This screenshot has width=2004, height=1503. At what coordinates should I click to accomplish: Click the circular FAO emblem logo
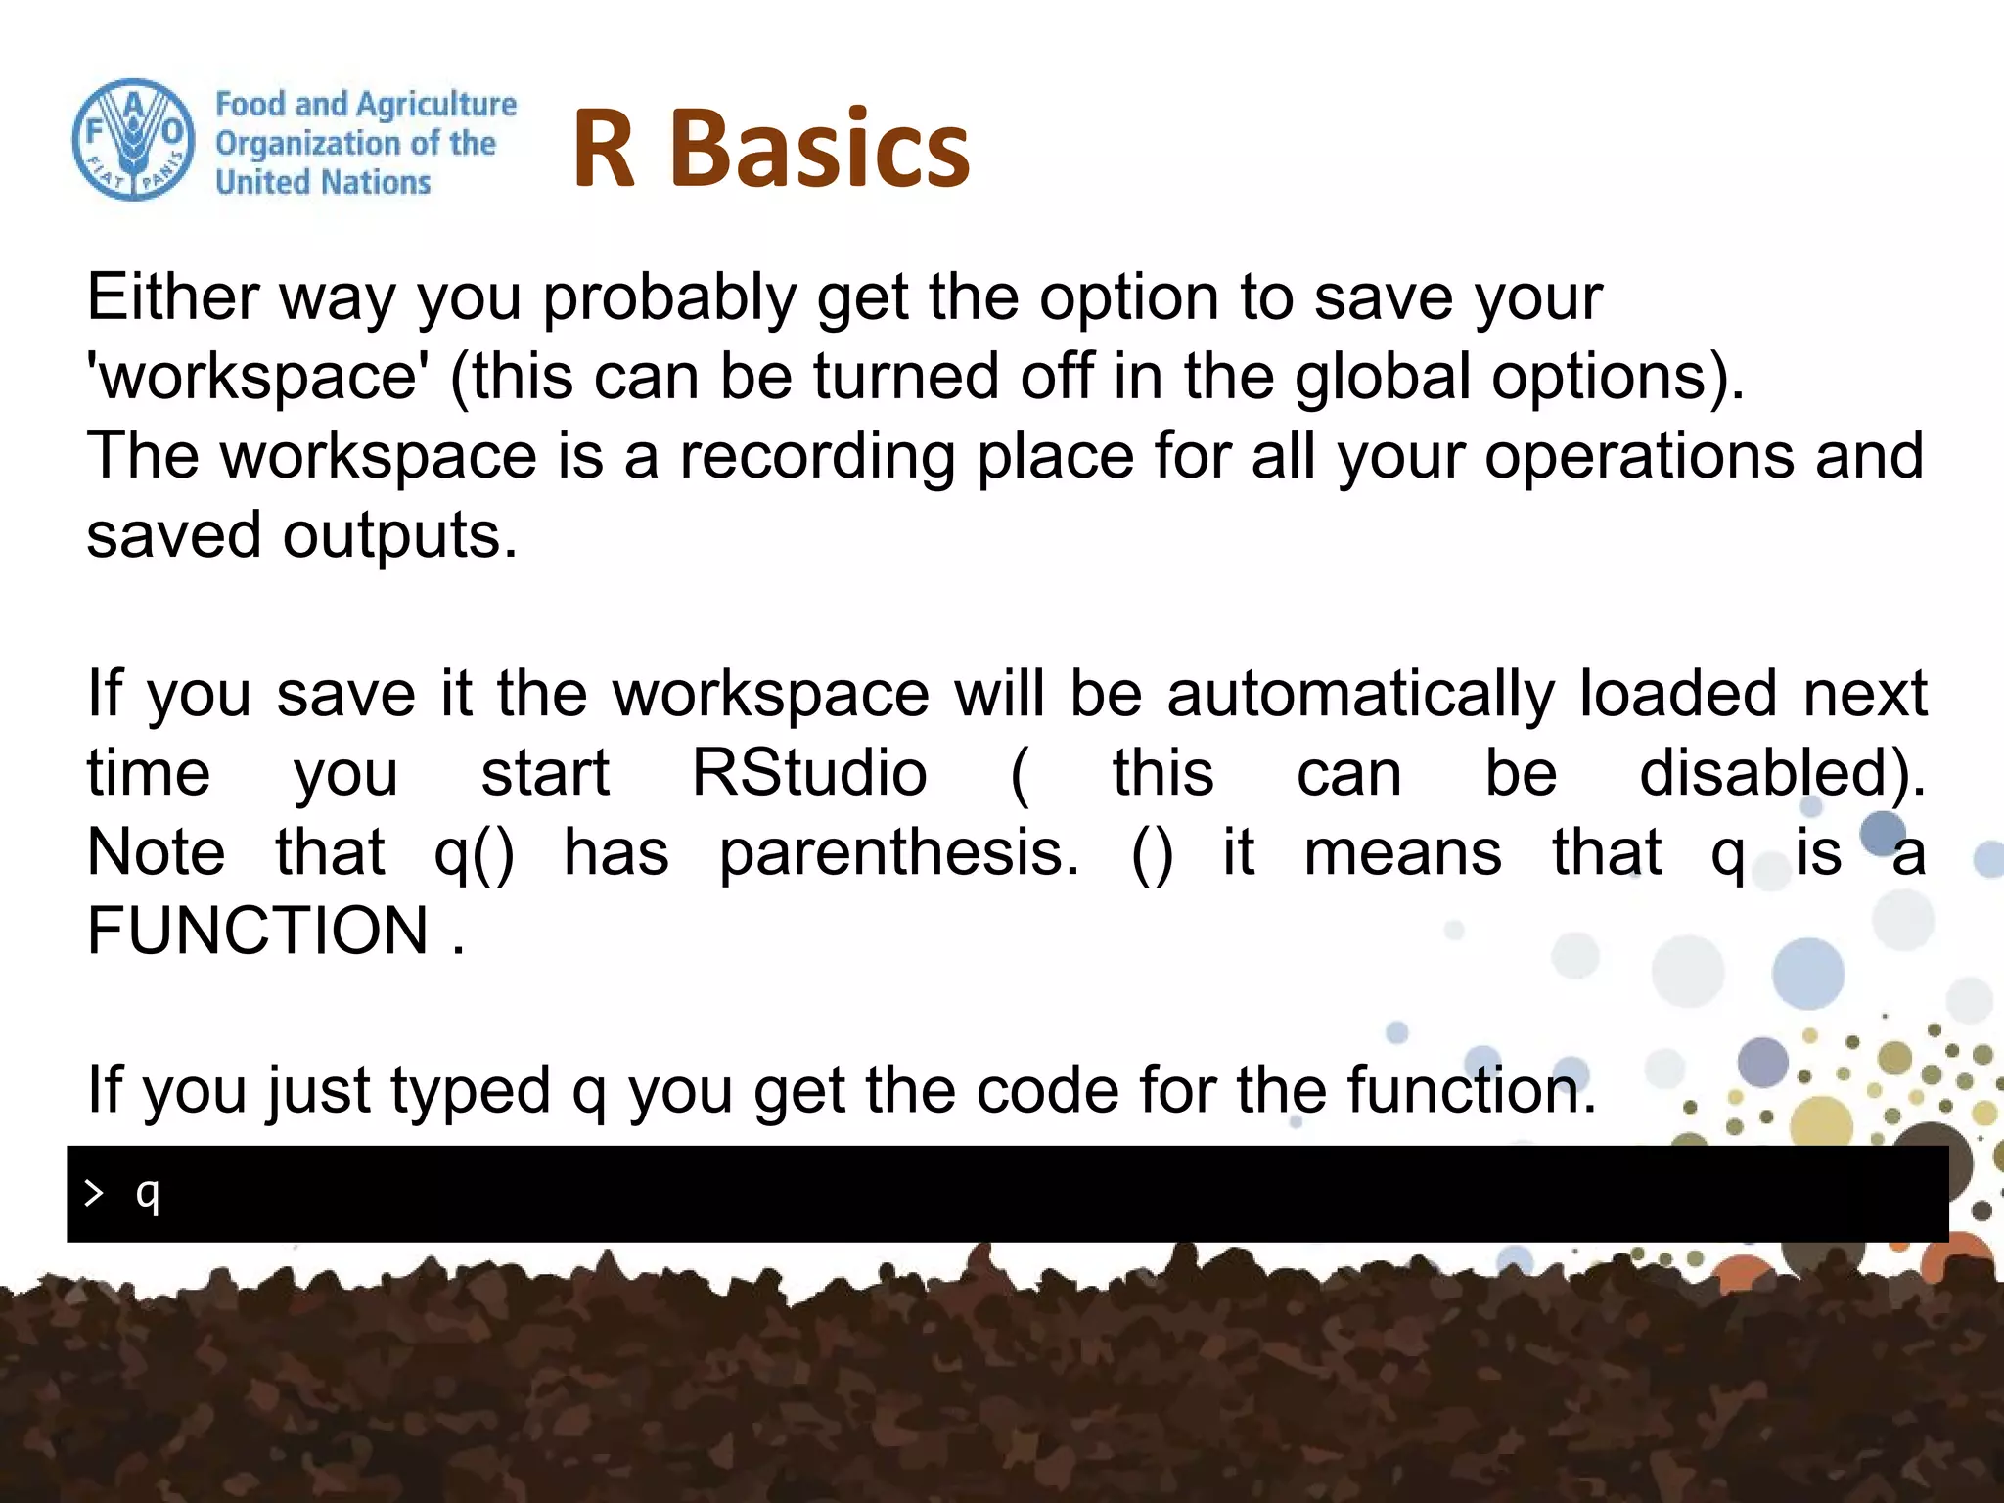point(133,141)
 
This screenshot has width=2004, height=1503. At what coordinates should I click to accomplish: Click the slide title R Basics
point(770,148)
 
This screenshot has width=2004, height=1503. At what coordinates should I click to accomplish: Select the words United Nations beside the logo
point(323,182)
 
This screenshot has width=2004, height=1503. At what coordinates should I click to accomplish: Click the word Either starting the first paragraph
point(173,297)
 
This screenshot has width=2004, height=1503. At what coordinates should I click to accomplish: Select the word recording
point(817,457)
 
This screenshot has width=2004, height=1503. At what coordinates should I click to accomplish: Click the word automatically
point(1360,694)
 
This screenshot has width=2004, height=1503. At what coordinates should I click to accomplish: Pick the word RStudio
point(809,773)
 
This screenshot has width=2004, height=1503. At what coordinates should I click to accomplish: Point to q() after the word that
point(474,853)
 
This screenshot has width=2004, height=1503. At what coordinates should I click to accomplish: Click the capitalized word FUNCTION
point(258,931)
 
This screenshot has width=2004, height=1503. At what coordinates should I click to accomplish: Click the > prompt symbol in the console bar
point(93,1193)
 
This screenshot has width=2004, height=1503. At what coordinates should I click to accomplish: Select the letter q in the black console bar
point(148,1195)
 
